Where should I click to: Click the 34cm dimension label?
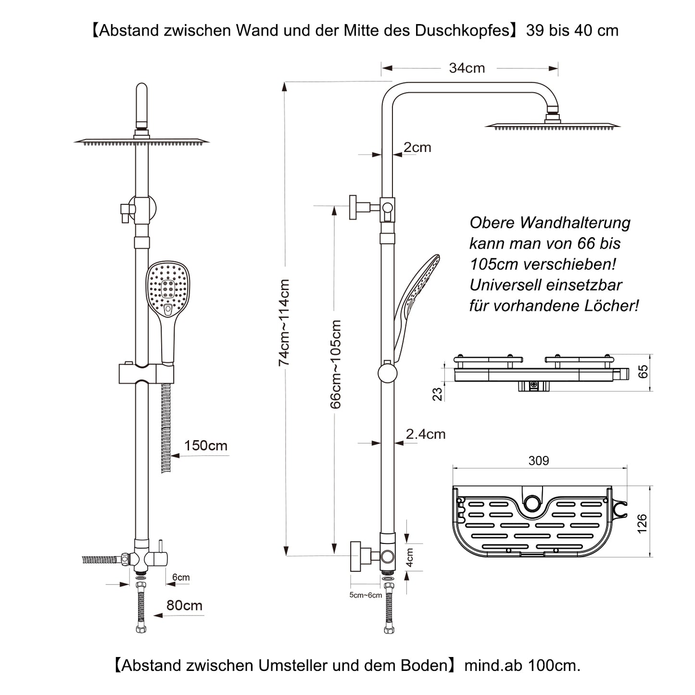[x=467, y=68]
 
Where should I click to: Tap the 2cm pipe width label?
[x=417, y=148]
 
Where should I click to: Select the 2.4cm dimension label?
[x=425, y=434]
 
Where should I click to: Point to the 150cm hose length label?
[x=205, y=446]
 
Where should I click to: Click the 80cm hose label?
[x=184, y=606]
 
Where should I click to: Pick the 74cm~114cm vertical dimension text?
[x=284, y=322]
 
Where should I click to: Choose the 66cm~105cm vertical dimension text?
[x=336, y=364]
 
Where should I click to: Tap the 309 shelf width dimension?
[x=538, y=461]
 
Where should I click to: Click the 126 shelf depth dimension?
[x=642, y=523]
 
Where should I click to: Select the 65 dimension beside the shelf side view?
[x=643, y=372]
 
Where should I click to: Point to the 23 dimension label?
[x=437, y=394]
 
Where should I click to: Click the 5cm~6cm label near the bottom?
[x=366, y=595]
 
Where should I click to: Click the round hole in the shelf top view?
[x=532, y=503]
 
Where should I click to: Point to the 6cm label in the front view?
[x=181, y=577]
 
